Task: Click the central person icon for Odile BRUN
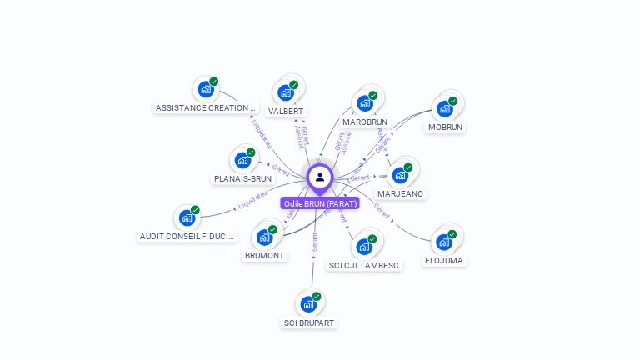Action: pyautogui.click(x=320, y=177)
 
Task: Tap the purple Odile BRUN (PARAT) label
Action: pyautogui.click(x=320, y=203)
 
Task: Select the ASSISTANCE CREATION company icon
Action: pyautogui.click(x=204, y=89)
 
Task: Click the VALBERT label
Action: pyautogui.click(x=286, y=111)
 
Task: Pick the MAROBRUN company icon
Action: pyautogui.click(x=364, y=103)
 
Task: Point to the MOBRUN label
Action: pyautogui.click(x=445, y=127)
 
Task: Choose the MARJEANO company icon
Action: pyautogui.click(x=400, y=175)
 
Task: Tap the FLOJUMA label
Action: pyautogui.click(x=444, y=260)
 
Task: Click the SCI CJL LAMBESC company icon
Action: pyautogui.click(x=363, y=247)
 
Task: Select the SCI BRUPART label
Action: pyautogui.click(x=309, y=322)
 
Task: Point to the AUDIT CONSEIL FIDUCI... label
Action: pyautogui.click(x=187, y=236)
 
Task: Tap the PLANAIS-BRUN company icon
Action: pyautogui.click(x=242, y=160)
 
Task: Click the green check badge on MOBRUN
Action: pyautogui.click(x=453, y=102)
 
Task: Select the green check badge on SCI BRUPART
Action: pyautogui.click(x=317, y=297)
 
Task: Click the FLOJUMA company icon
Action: pyautogui.click(x=444, y=242)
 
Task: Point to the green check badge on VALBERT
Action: pyautogui.click(x=294, y=84)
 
